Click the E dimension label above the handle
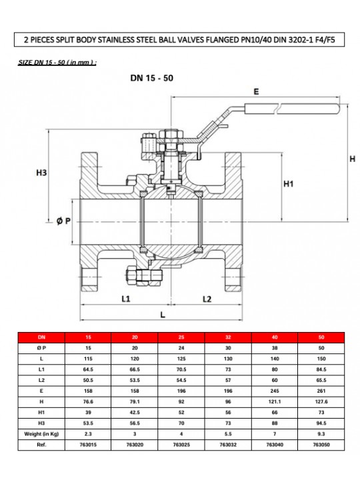(x=256, y=91)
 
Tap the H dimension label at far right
(x=353, y=159)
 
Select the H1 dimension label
(x=289, y=184)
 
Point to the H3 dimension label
(x=41, y=173)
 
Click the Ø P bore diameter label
(x=63, y=221)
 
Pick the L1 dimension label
(x=126, y=299)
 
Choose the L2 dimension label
(x=207, y=299)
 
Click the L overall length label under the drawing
(x=163, y=315)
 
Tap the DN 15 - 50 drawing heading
(x=152, y=78)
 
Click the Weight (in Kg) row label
(x=41, y=434)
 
